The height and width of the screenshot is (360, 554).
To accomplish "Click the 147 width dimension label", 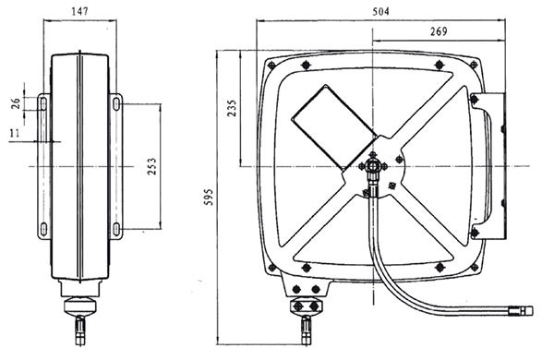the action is (x=79, y=11).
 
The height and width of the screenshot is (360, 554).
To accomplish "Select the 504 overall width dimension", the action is (x=380, y=12).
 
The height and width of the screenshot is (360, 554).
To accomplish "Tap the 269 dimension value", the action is (x=439, y=31).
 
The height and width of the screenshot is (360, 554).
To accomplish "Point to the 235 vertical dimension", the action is (x=232, y=108).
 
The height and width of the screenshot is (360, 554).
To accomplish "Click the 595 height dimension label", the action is (x=210, y=198).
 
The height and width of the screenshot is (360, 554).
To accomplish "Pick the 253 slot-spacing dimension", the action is (x=151, y=166).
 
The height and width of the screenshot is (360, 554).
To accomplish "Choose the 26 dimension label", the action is (x=16, y=103).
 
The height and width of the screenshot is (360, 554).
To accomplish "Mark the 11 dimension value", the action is (x=15, y=133).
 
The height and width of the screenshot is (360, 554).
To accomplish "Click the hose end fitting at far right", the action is (x=521, y=311).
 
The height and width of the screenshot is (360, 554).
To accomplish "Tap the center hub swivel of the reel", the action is (x=373, y=166).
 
